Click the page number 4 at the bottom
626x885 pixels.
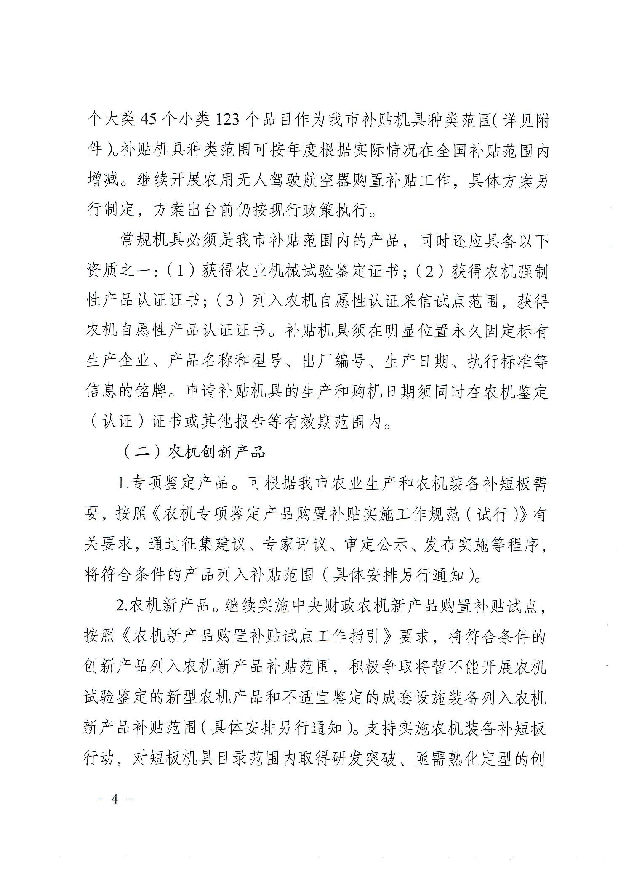[115, 811]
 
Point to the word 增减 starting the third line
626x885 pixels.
[102, 181]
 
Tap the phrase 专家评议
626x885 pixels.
[294, 544]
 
